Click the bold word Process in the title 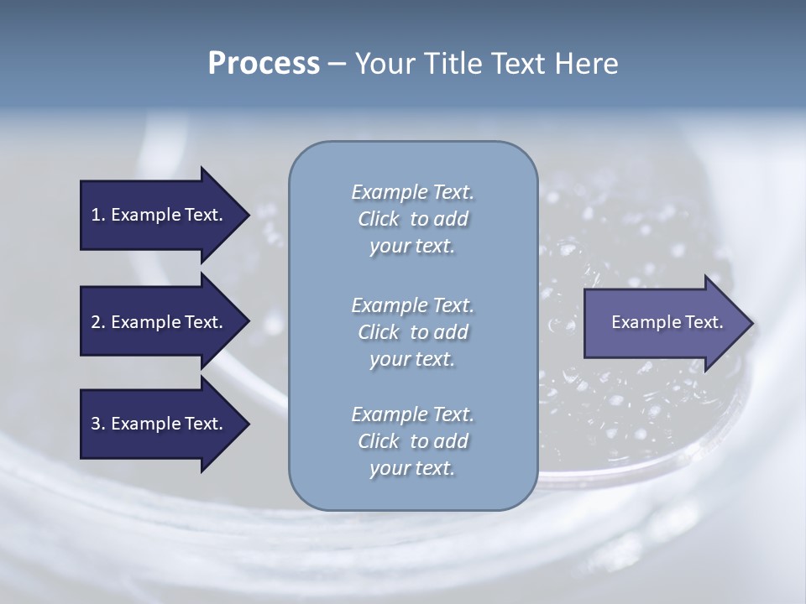coord(264,64)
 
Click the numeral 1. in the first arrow coord(98,215)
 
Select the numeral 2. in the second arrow coord(98,322)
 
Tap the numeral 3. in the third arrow coord(98,424)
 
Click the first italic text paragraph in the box coord(412,219)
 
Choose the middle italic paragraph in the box coord(412,331)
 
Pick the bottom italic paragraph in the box coord(412,441)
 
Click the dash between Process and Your coord(337,65)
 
